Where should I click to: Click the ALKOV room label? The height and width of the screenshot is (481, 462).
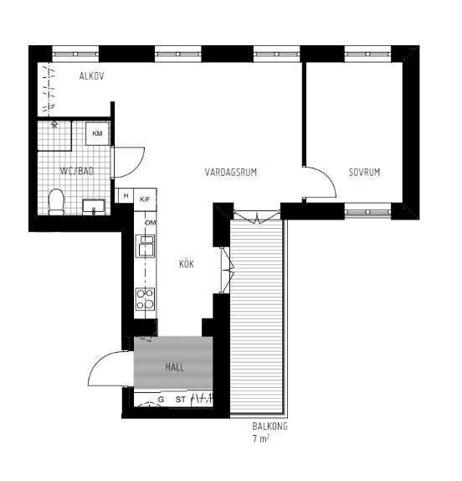(x=91, y=76)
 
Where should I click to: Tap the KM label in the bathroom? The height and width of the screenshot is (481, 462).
(x=97, y=134)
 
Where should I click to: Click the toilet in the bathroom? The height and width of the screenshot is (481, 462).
(x=57, y=201)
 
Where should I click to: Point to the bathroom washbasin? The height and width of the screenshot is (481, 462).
(x=94, y=206)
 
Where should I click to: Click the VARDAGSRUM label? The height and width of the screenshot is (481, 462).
(x=230, y=173)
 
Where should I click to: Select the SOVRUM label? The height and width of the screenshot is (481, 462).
(x=364, y=173)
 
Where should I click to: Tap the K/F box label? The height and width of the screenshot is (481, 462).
(x=146, y=199)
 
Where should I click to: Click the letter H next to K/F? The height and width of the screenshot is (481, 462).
(x=126, y=198)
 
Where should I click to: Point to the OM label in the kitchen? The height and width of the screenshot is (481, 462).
(x=151, y=223)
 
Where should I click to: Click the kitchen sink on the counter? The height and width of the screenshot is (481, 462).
(x=146, y=246)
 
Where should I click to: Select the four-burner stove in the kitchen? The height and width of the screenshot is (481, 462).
(x=146, y=299)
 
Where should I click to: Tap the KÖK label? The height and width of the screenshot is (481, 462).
(x=187, y=263)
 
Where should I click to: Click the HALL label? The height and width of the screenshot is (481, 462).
(x=174, y=367)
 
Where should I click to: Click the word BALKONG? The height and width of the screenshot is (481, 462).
(x=270, y=427)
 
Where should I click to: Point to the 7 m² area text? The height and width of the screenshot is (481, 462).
(x=260, y=439)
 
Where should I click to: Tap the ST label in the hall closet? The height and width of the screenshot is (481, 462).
(x=180, y=401)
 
